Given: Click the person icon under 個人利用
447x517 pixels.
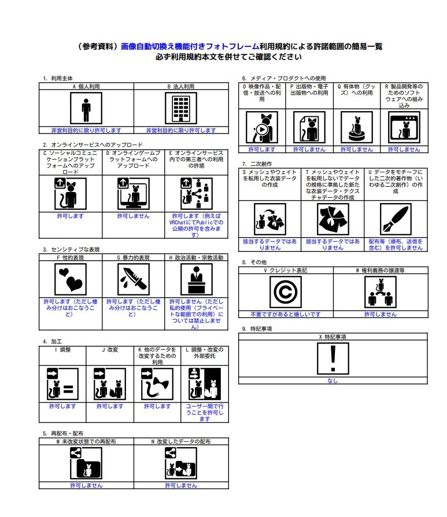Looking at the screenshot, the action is (86, 109).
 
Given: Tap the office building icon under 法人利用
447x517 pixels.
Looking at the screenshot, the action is (181, 109).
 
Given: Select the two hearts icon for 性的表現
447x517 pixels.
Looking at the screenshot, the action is (71, 279).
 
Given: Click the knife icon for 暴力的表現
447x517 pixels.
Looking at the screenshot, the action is (134, 279).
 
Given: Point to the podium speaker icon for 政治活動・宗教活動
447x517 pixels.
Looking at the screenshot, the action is (197, 279).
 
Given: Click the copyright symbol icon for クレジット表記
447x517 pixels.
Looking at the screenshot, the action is (286, 292).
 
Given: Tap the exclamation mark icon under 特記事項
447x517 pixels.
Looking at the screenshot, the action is (333, 359).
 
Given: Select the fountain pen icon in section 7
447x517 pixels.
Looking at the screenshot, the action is (396, 219).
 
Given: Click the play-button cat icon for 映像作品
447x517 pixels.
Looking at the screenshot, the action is (262, 127).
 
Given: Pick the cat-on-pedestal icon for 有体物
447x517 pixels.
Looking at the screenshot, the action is (357, 127).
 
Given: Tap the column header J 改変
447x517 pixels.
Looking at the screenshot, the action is (110, 349).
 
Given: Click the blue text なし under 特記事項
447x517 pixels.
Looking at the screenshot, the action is (333, 381).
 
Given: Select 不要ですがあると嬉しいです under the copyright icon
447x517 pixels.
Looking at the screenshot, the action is (286, 314).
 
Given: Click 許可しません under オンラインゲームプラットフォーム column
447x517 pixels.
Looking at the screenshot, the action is (134, 216).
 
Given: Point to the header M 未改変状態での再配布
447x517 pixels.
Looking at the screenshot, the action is (86, 441).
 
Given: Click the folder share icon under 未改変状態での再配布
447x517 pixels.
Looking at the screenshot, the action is (86, 463).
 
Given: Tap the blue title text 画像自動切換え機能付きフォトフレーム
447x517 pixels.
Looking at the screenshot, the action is (190, 46).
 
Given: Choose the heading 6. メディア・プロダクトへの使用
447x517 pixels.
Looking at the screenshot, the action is (284, 78).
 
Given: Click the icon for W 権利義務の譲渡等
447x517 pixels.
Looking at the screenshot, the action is (380, 292).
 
